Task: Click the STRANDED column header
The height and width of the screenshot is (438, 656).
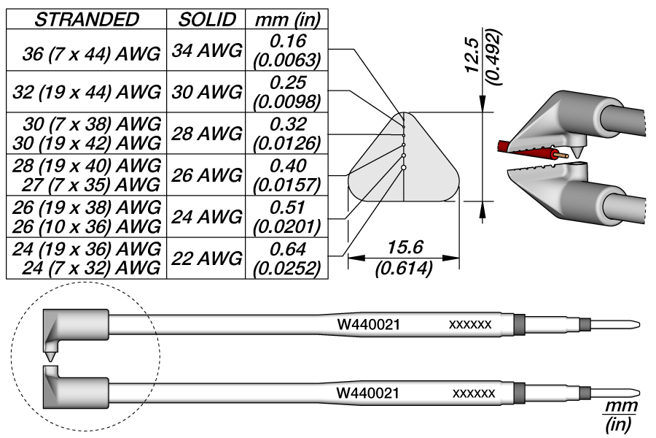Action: [x=87, y=20]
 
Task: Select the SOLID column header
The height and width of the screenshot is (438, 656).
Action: [x=206, y=20]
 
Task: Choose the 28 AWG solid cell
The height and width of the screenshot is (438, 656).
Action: [x=206, y=134]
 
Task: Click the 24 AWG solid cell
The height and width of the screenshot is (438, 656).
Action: [x=206, y=217]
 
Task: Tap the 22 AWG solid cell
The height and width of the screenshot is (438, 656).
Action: [x=206, y=258]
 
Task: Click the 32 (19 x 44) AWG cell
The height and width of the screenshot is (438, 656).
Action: [x=87, y=93]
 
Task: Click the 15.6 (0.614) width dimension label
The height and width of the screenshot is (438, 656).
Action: [x=403, y=257]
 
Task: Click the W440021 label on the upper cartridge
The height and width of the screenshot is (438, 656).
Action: [x=367, y=324]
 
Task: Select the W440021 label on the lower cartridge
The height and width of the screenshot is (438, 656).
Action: [x=367, y=393]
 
